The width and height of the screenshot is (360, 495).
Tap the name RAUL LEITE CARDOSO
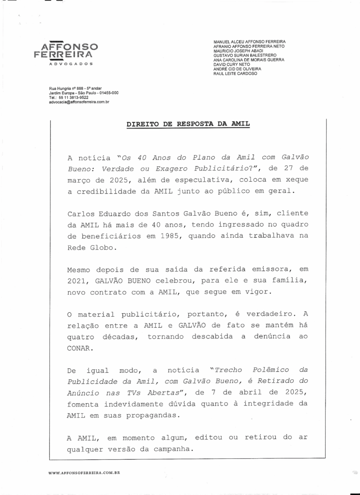tap(235, 73)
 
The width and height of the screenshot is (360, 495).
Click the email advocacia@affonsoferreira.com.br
tap(79, 102)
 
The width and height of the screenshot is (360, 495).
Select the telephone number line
tap(69, 97)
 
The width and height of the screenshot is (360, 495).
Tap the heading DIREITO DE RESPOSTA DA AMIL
tap(188, 124)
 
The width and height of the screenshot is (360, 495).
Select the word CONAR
tap(79, 348)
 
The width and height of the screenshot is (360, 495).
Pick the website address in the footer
tap(84, 472)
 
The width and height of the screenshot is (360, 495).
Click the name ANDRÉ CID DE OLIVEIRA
tap(237, 69)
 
